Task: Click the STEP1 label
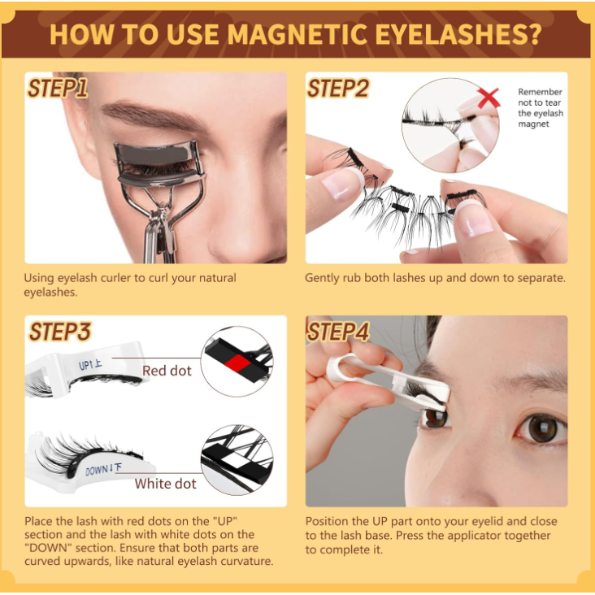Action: point(57,89)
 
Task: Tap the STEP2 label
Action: point(338,89)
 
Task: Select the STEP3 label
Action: point(60,332)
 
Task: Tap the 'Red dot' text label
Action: point(167,371)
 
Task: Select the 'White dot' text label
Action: point(165,484)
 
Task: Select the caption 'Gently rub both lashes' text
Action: point(435,278)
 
